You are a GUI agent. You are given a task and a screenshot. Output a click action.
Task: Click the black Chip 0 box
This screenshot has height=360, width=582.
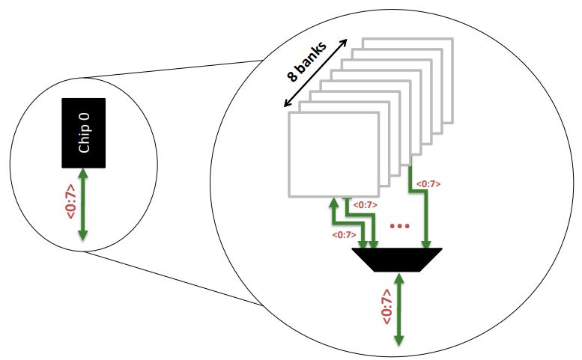83,132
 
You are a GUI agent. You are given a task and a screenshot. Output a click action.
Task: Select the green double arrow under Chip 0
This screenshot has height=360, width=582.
83,204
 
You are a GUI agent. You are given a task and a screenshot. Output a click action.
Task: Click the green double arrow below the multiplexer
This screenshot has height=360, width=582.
399,308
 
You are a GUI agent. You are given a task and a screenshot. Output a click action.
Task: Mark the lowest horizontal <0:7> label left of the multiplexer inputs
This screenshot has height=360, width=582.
343,234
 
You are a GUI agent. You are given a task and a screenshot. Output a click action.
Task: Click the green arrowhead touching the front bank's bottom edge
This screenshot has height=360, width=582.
333,204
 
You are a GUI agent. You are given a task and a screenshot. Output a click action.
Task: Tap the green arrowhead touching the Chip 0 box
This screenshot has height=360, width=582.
83,173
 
